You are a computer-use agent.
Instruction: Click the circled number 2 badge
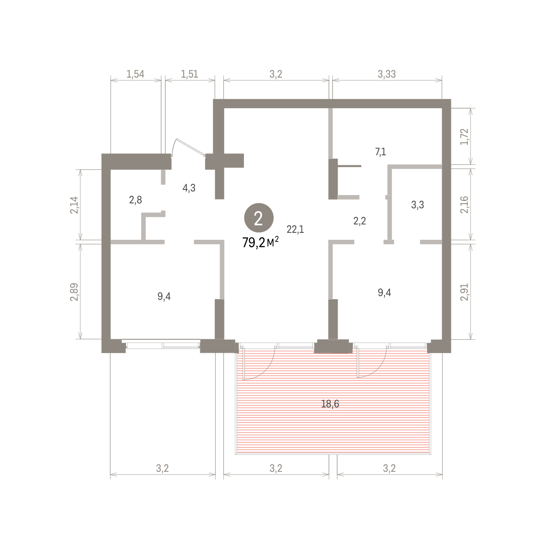pyautogui.click(x=259, y=217)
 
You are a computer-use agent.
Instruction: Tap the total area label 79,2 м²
pyautogui.click(x=260, y=242)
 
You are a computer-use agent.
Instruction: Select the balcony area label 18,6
pyautogui.click(x=330, y=404)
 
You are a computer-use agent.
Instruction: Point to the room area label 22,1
pyautogui.click(x=296, y=229)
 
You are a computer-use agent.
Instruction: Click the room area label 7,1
pyautogui.click(x=380, y=152)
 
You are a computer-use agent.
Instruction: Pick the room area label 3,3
pyautogui.click(x=417, y=205)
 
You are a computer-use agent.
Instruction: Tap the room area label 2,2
pyautogui.click(x=359, y=221)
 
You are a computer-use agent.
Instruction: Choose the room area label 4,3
pyautogui.click(x=189, y=188)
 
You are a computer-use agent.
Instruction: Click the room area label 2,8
pyautogui.click(x=136, y=200)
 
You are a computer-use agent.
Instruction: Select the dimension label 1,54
pyautogui.click(x=136, y=74)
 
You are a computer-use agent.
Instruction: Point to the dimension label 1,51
pyautogui.click(x=190, y=74)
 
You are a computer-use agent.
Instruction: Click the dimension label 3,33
pyautogui.click(x=387, y=74)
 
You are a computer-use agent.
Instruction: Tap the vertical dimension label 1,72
pyautogui.click(x=464, y=137)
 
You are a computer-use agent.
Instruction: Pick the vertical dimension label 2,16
pyautogui.click(x=464, y=205)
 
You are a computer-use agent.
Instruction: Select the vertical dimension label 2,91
pyautogui.click(x=464, y=292)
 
